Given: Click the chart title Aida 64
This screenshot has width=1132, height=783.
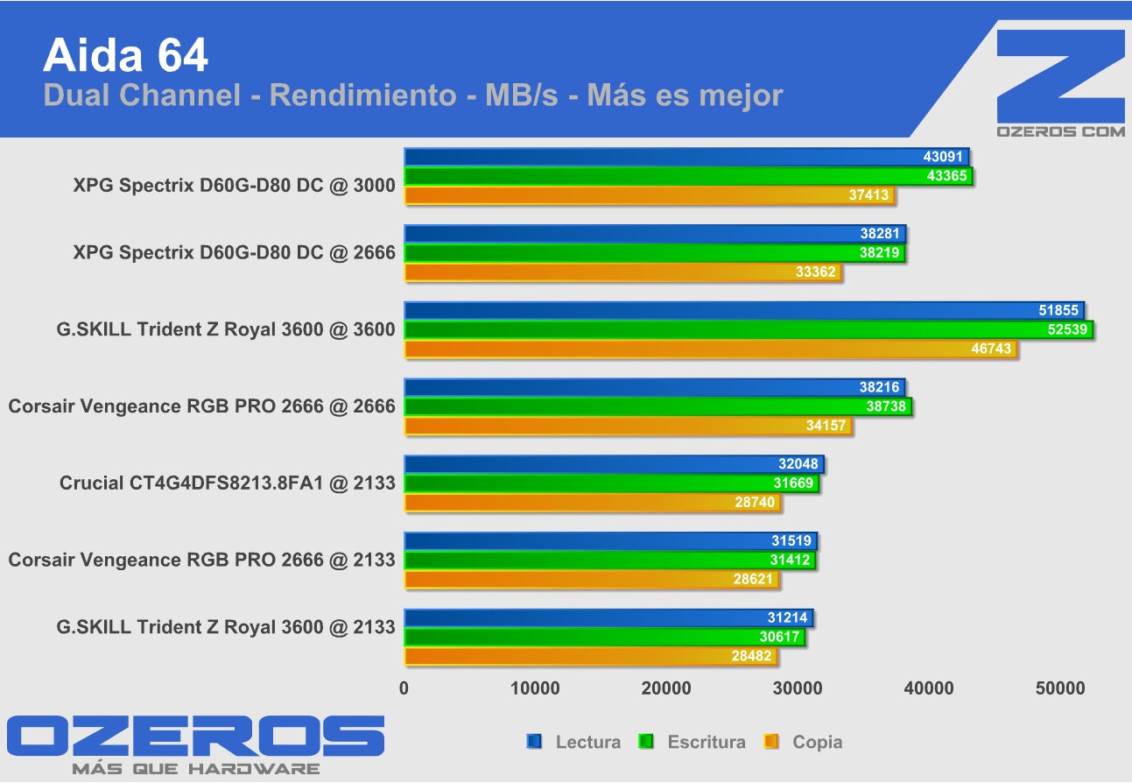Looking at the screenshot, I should point(125,55).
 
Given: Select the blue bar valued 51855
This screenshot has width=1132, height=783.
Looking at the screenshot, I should point(744,311).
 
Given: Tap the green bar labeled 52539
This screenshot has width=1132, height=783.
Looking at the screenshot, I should point(749,330).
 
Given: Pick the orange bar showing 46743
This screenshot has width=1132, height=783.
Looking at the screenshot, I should point(710,349).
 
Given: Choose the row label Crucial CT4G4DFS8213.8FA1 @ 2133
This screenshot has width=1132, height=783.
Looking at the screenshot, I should point(227,483).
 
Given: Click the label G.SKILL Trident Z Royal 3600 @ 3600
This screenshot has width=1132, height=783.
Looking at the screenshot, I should point(225,329).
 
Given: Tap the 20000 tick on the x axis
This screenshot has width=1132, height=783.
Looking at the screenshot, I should point(666,688).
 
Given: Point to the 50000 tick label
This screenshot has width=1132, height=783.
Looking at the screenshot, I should point(1060,688).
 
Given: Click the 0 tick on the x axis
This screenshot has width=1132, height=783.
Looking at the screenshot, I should point(404,688).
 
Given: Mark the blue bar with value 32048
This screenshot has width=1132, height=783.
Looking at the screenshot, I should point(614,464).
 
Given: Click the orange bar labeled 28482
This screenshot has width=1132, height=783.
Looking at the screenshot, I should point(590,656).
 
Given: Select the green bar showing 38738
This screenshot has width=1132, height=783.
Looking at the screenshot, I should point(657,407).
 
